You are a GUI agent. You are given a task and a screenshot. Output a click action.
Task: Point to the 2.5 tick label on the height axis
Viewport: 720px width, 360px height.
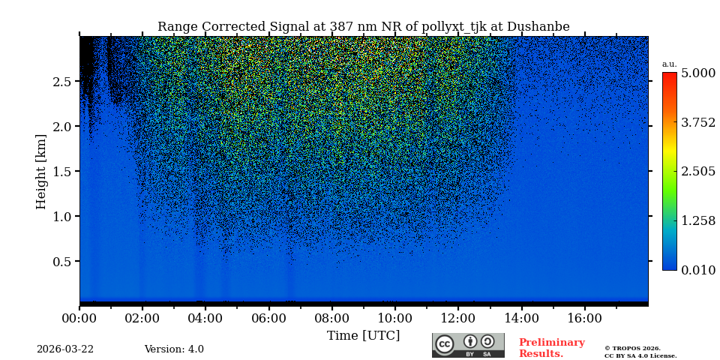61,81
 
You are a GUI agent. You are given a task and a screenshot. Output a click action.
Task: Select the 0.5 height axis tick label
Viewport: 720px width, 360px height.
61,261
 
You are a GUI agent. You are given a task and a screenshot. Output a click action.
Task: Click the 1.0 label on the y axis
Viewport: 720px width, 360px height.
61,216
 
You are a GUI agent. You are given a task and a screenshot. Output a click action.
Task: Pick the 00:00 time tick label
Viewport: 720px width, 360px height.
79,318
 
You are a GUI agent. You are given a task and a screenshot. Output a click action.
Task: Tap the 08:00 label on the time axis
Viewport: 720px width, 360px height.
331,318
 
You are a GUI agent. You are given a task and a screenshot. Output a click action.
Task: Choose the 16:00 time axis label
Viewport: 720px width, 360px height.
584,318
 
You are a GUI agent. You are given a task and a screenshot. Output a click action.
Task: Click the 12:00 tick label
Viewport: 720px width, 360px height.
457,318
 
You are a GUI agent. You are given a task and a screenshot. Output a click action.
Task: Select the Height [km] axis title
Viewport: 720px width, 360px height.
41,171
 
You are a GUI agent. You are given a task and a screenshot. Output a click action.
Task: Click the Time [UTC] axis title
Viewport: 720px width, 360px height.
363,335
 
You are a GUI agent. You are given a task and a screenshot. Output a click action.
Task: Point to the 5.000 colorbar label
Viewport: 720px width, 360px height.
697,73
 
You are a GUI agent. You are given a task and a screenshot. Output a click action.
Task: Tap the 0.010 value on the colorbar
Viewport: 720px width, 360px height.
697,270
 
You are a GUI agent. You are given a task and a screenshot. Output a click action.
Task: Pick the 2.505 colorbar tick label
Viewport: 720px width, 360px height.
697,172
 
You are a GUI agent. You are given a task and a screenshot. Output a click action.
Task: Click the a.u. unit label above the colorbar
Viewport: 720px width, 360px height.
669,64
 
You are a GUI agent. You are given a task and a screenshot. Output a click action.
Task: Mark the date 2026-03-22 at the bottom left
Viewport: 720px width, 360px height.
65,349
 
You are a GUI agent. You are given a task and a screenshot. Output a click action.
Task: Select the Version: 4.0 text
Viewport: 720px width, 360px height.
174,349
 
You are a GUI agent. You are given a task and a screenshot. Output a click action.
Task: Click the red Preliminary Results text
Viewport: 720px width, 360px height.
551,348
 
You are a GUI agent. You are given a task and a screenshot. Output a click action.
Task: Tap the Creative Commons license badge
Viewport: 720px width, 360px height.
468,345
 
